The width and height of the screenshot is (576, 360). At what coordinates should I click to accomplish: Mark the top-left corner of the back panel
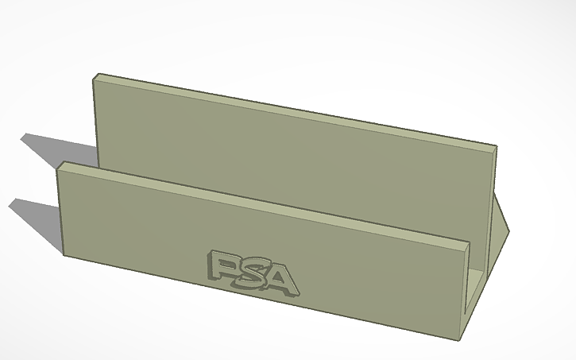pyautogui.click(x=94, y=75)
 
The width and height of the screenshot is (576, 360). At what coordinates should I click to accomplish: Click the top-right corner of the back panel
pyautogui.click(x=497, y=148)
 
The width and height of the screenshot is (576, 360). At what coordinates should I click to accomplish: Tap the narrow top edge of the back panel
pyautogui.click(x=294, y=110)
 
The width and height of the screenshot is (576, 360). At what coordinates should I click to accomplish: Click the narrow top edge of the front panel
pyautogui.click(x=262, y=203)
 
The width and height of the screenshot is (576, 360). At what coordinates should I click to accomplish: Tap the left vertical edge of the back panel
pyautogui.click(x=97, y=119)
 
